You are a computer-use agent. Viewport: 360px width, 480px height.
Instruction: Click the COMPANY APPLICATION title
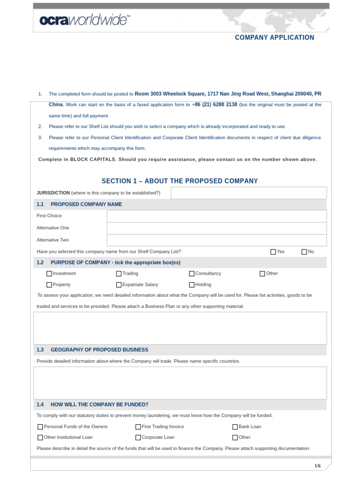click(x=274, y=37)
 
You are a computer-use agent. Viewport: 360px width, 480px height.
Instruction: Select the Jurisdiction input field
click(x=248, y=193)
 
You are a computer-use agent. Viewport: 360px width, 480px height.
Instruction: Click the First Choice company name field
click(x=217, y=216)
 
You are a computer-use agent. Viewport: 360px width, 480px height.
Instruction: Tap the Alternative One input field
click(x=217, y=228)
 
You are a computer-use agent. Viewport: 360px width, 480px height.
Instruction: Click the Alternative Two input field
click(x=217, y=240)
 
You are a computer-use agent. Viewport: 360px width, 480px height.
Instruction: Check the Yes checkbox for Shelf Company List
click(x=273, y=252)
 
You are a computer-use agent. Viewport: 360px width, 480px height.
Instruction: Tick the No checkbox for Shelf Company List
click(x=304, y=252)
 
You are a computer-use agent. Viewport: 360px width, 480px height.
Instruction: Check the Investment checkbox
click(x=49, y=274)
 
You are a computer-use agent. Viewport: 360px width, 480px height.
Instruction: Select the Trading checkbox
click(x=119, y=274)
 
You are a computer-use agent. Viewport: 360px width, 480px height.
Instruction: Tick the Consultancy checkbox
click(x=192, y=274)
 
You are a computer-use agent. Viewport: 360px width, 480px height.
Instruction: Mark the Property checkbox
click(x=49, y=285)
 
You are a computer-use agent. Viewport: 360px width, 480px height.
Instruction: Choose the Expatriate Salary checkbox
click(x=119, y=285)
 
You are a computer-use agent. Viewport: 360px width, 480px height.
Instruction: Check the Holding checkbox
click(x=192, y=285)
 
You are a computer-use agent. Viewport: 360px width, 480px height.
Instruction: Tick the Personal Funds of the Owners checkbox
click(x=40, y=427)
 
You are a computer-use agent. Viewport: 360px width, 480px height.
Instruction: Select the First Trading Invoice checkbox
click(x=138, y=427)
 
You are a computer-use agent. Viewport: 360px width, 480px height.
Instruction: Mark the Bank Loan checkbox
click(x=235, y=427)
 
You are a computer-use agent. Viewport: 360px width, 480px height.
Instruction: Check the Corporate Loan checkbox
click(x=138, y=438)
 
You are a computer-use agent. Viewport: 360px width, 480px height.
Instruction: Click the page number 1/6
click(x=317, y=465)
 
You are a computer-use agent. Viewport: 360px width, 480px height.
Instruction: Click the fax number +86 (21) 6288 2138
click(x=215, y=105)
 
